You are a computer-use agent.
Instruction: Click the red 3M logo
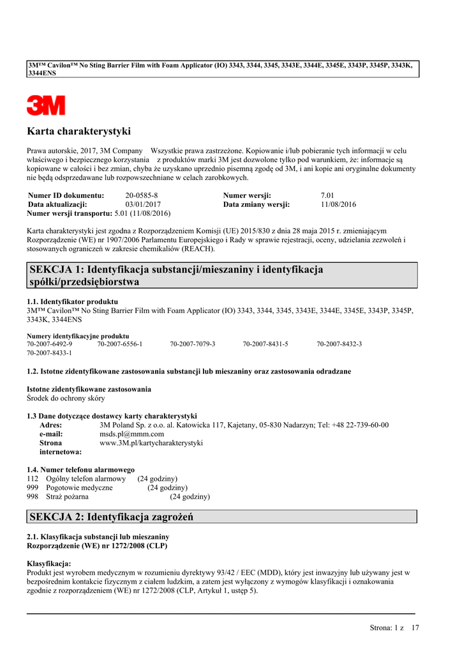[46, 105]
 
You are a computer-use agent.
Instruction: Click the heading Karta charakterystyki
[78, 132]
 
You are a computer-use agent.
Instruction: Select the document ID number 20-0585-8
[142, 195]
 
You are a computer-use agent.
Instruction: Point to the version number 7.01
[327, 195]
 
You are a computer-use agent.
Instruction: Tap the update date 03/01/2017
[143, 204]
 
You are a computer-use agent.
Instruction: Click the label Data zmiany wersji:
[257, 204]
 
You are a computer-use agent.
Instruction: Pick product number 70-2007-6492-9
[50, 344]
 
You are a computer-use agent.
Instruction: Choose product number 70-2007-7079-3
[193, 344]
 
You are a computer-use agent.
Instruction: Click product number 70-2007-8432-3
[339, 344]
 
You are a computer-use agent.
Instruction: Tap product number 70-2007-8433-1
[50, 352]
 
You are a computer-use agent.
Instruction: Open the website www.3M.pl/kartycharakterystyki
[151, 443]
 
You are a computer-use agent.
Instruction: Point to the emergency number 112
[33, 478]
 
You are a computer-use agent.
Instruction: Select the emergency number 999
[33, 487]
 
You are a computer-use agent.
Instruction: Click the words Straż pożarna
[67, 496]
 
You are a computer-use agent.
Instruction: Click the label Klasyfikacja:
[49, 563]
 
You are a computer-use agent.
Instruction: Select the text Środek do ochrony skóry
[66, 398]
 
